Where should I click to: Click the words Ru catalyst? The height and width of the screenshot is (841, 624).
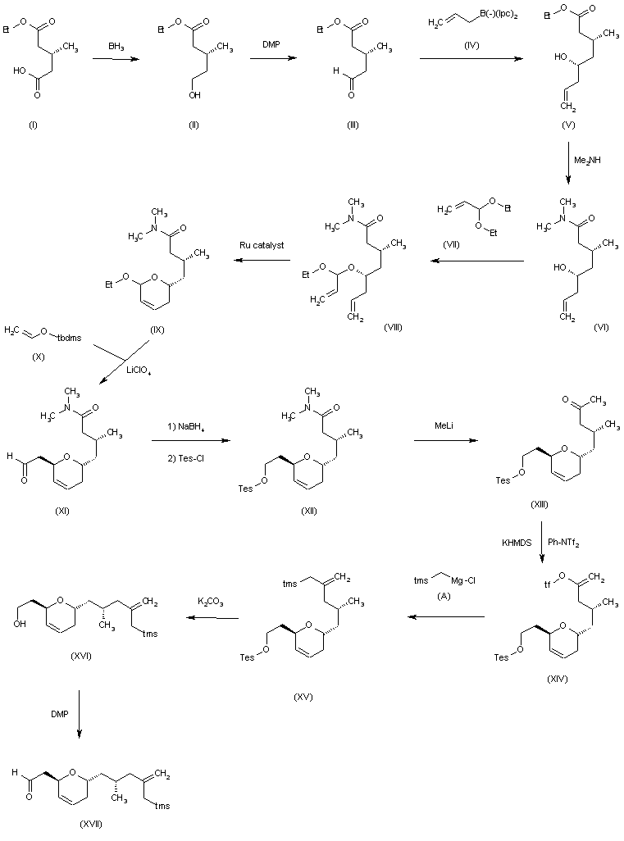click(x=261, y=243)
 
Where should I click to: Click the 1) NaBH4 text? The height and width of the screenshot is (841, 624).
click(x=189, y=426)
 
